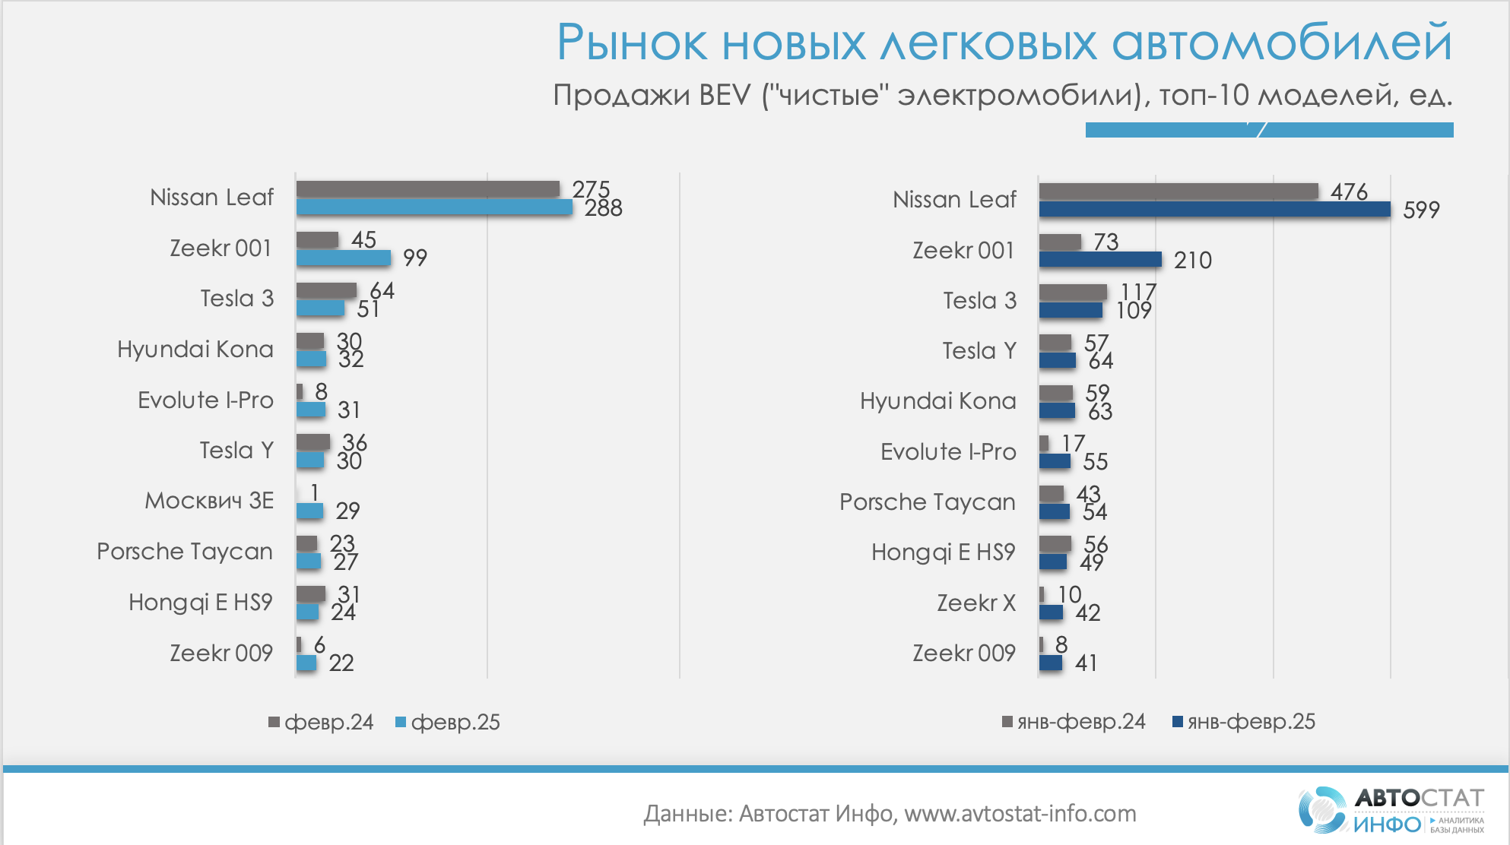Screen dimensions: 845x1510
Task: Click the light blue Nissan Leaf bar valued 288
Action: [433, 207]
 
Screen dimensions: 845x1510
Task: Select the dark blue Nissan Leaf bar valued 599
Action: [1214, 210]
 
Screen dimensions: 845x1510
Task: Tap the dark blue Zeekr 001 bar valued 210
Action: [1099, 260]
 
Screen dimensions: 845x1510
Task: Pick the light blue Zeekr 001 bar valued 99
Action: [343, 258]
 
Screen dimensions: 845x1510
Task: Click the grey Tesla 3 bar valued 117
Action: [1072, 292]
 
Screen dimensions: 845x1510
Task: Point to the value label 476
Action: [1349, 191]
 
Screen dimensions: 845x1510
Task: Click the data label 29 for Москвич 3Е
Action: [347, 511]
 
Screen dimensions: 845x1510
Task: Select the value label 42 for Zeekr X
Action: [1088, 612]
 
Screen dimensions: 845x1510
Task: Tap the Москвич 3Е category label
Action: [209, 501]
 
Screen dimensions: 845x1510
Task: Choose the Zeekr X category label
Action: [976, 603]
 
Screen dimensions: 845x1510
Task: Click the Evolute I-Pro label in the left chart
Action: [205, 400]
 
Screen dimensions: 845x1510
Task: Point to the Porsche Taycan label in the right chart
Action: [927, 502]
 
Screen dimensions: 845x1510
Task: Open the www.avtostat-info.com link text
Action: [1020, 814]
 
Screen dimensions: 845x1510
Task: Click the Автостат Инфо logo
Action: [1391, 810]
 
